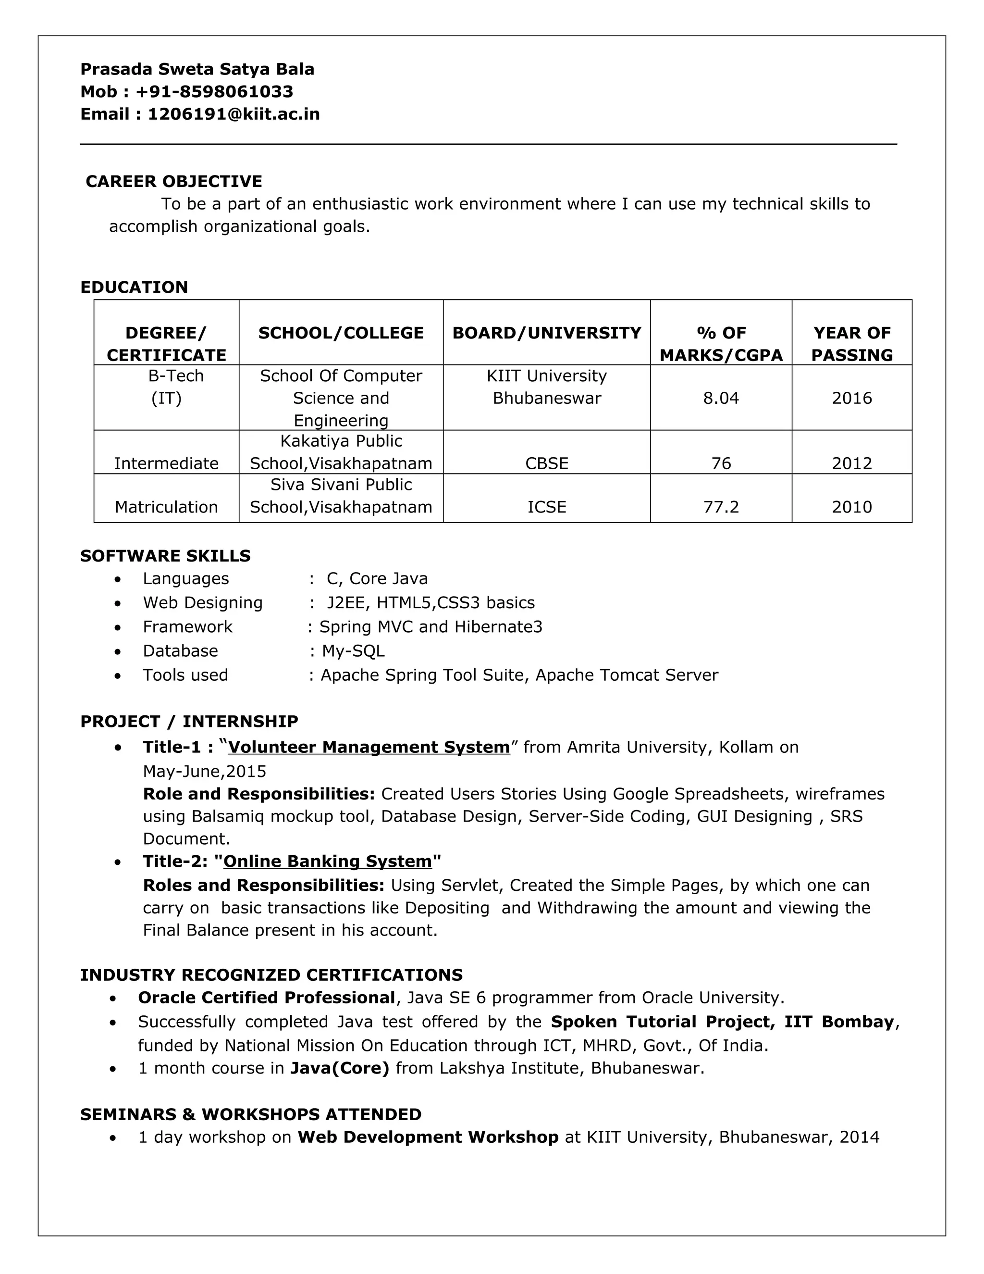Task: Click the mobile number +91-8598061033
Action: [x=214, y=91]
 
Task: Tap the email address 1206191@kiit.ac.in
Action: [x=233, y=114]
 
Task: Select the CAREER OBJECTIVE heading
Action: [x=174, y=181]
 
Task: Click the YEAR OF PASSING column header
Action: [x=852, y=344]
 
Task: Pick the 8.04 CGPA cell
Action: [x=721, y=398]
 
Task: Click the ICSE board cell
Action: [x=546, y=506]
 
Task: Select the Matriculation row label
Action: [x=166, y=506]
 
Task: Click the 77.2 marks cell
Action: [x=721, y=506]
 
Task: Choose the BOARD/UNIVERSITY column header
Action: [x=546, y=333]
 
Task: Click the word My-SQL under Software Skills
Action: [x=353, y=650]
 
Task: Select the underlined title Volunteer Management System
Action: [x=369, y=747]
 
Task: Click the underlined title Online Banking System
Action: [x=327, y=861]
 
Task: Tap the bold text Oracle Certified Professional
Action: [x=266, y=998]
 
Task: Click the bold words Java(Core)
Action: [x=339, y=1068]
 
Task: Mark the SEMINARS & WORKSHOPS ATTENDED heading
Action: [x=251, y=1114]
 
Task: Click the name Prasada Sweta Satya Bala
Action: [x=197, y=69]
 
